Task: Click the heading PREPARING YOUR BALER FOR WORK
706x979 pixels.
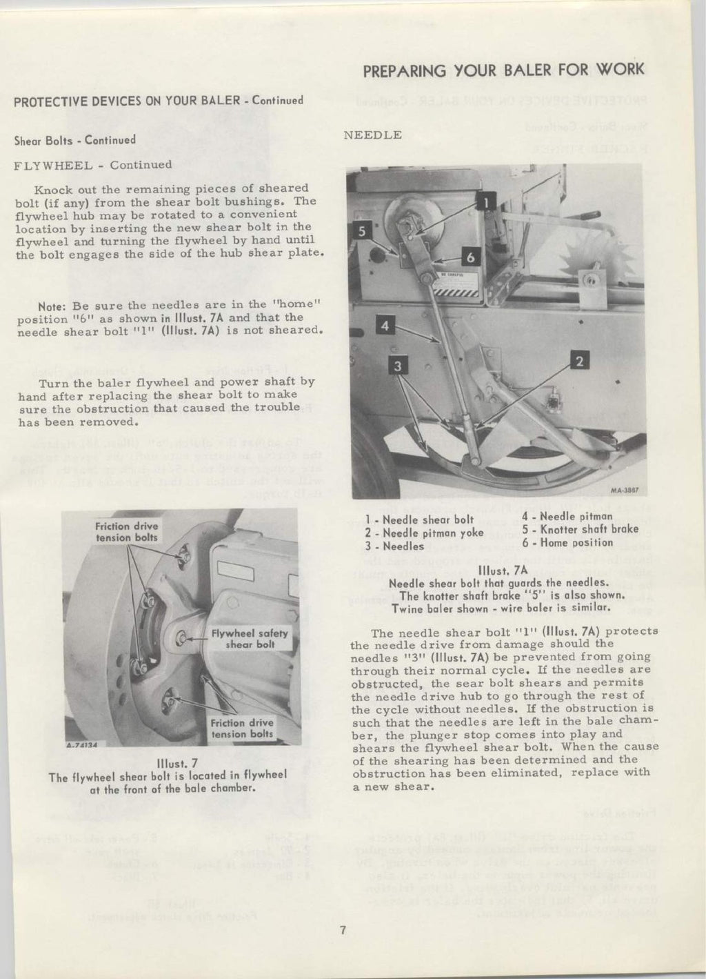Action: pyautogui.click(x=503, y=70)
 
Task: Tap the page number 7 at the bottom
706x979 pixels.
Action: pyautogui.click(x=342, y=929)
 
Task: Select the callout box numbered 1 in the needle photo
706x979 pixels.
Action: pyautogui.click(x=484, y=202)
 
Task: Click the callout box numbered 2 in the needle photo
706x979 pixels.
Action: pyautogui.click(x=580, y=360)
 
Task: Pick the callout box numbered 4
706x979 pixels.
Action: pyautogui.click(x=386, y=326)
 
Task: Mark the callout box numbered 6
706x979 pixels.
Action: pyautogui.click(x=471, y=257)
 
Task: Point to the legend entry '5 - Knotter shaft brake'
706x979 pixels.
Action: pyautogui.click(x=580, y=529)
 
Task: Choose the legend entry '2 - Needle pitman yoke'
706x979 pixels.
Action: pyautogui.click(x=424, y=533)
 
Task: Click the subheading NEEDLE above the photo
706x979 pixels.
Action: pyautogui.click(x=372, y=135)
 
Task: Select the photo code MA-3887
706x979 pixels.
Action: pyautogui.click(x=624, y=492)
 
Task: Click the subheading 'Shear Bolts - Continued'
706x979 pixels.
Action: pyautogui.click(x=74, y=140)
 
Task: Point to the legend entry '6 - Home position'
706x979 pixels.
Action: pyautogui.click(x=567, y=542)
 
